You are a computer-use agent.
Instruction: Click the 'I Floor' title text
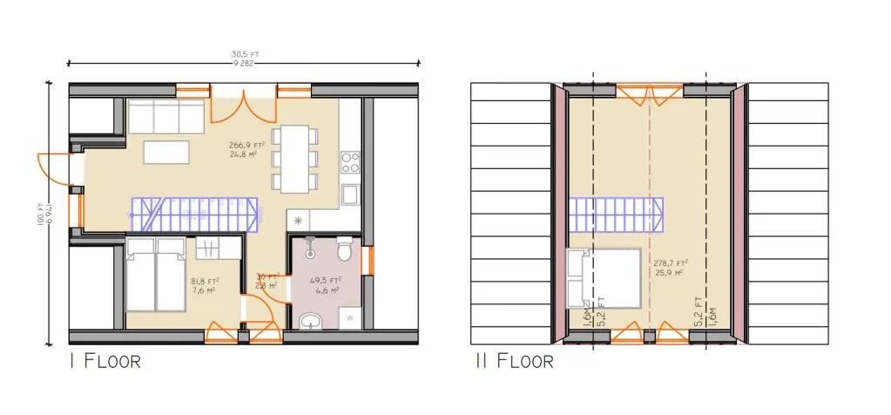[x=105, y=360]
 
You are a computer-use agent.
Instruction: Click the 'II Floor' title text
[x=513, y=360]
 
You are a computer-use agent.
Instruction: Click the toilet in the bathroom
[x=345, y=250]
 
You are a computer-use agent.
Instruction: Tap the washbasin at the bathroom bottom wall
[x=309, y=323]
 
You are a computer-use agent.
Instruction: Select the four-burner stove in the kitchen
[x=349, y=161]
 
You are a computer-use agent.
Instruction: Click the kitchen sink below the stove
[x=349, y=193]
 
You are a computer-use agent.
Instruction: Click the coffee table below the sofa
[x=167, y=152]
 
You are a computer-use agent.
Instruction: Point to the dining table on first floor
[x=294, y=158]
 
